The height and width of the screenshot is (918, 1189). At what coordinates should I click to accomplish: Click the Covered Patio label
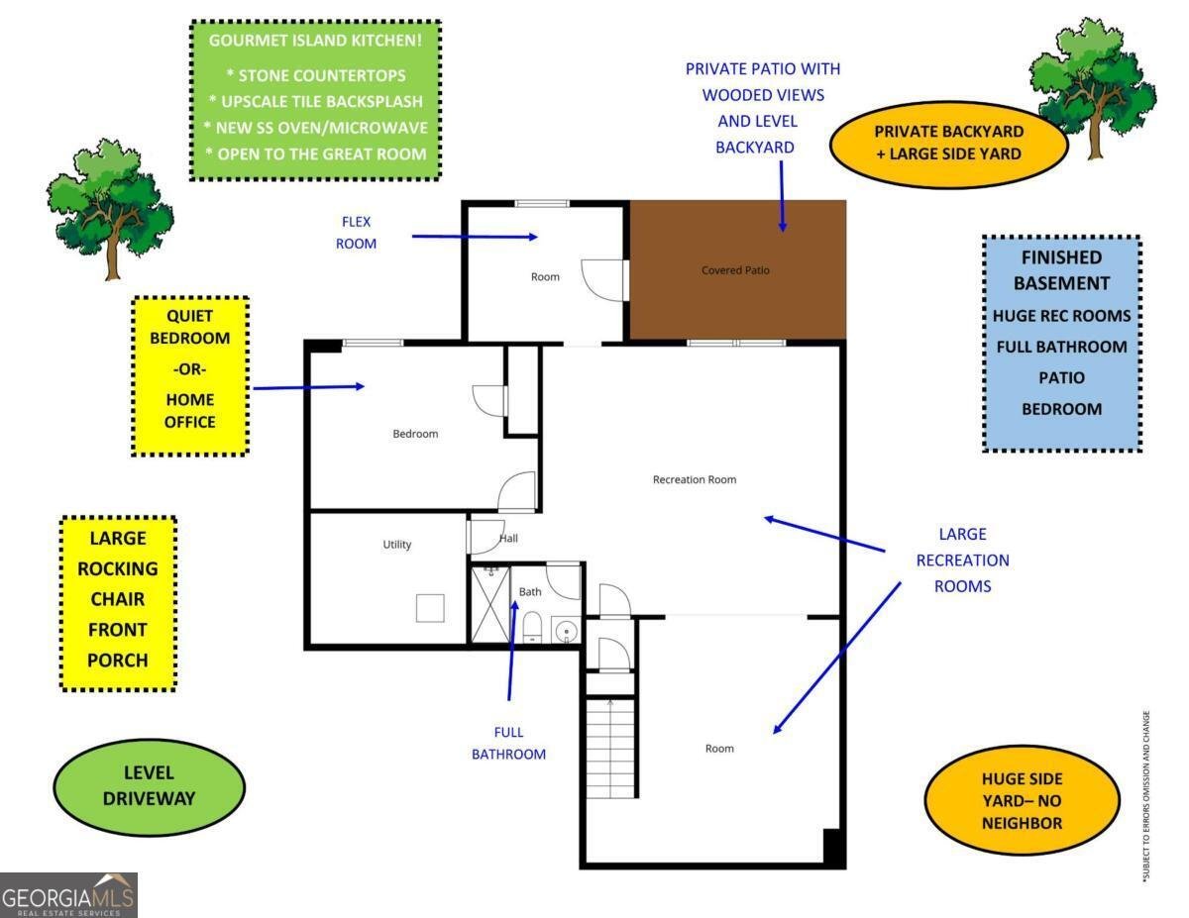click(x=735, y=270)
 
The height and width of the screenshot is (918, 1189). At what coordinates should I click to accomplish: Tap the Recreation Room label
click(x=695, y=480)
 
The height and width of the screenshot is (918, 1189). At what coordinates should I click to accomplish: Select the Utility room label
click(x=396, y=545)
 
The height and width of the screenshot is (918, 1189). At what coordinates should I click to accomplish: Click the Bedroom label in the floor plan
click(x=415, y=434)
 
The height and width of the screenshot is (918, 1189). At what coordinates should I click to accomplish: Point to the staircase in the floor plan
click(x=610, y=748)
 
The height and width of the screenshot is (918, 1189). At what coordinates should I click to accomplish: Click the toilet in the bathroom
click(x=531, y=626)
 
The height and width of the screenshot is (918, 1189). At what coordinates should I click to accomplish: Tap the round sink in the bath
click(x=565, y=630)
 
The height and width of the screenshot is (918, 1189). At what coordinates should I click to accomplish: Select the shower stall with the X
click(x=488, y=604)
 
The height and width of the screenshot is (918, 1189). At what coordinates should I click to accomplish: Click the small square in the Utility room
click(x=430, y=607)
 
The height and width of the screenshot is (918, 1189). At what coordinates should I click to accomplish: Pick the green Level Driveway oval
click(x=149, y=785)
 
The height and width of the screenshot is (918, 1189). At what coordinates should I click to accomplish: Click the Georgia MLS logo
click(x=68, y=895)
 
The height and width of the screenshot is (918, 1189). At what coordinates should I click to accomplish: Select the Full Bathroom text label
click(x=508, y=744)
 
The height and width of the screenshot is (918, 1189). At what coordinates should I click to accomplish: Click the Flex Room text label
click(x=357, y=233)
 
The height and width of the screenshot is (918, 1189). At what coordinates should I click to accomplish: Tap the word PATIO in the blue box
click(x=1061, y=377)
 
